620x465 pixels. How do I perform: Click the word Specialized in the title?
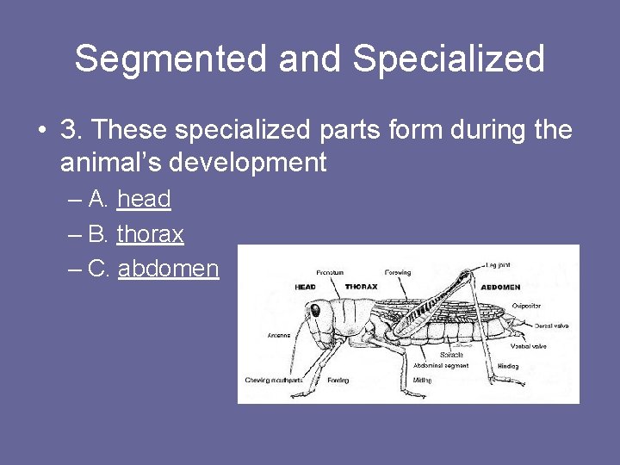tap(449, 59)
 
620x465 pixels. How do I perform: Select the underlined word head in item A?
tap(144, 199)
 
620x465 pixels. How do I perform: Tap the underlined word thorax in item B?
tap(150, 233)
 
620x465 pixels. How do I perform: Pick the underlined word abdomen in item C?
tap(168, 269)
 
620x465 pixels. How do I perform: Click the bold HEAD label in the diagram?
tap(306, 287)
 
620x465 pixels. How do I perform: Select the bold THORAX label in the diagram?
tap(361, 287)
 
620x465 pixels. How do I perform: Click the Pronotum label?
tap(330, 272)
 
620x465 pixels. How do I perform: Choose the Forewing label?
tap(398, 272)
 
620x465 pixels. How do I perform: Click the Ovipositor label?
tap(526, 306)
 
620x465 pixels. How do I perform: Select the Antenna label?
tap(278, 334)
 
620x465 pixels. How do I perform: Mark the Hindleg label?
tap(508, 366)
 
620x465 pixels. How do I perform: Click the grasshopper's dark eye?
tap(315, 309)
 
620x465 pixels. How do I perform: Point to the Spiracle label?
tap(450, 355)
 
